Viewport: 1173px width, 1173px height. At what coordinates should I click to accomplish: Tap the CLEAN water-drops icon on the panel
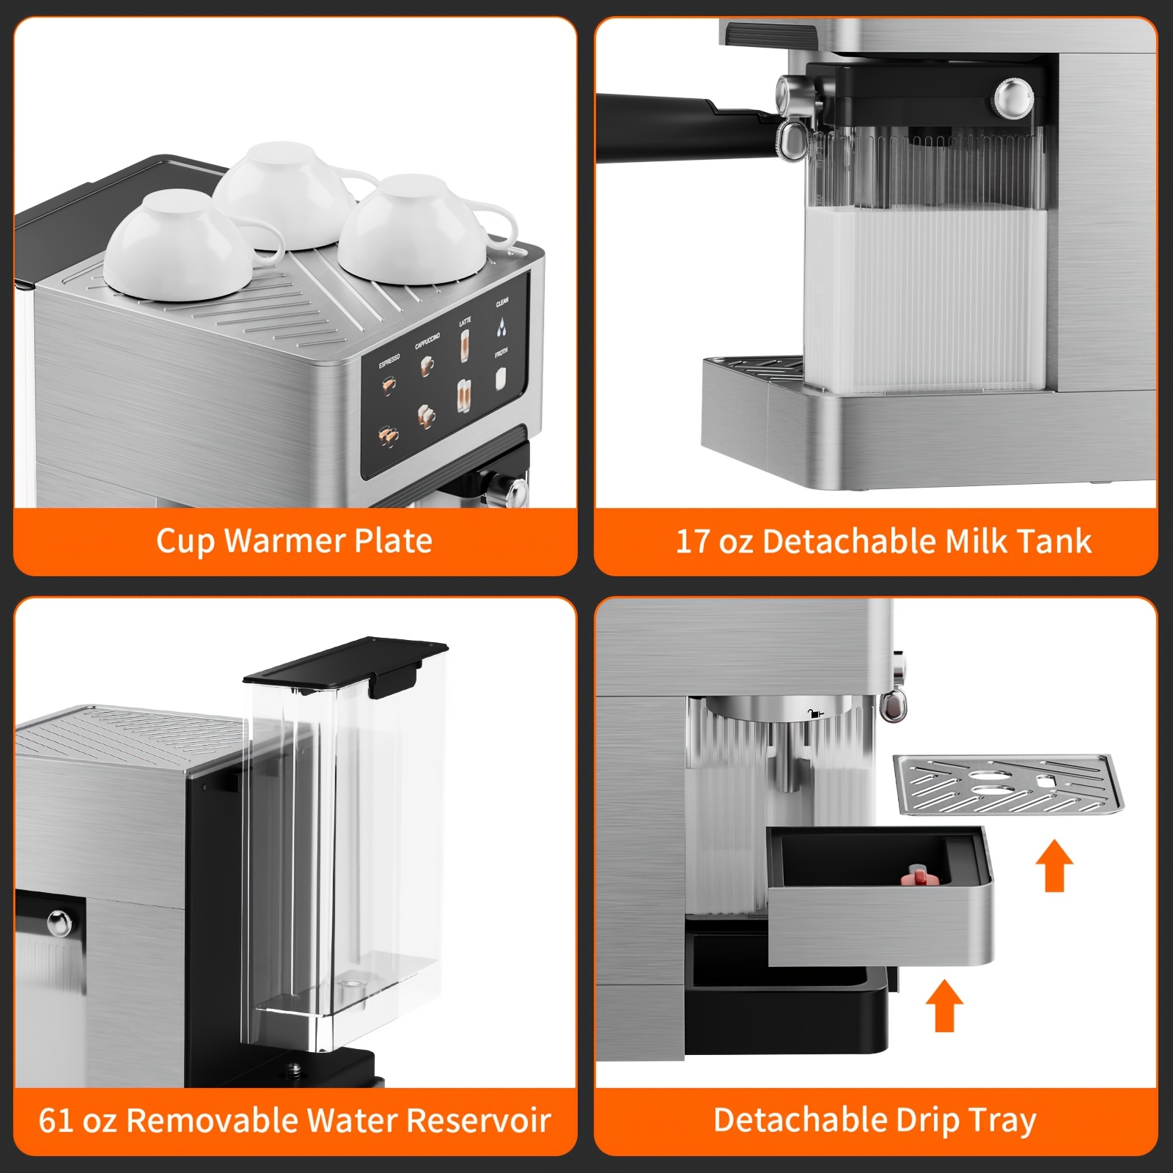tap(501, 327)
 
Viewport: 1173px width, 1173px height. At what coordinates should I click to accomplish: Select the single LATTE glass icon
tap(465, 345)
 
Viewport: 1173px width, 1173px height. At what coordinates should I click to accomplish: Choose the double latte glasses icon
tap(465, 397)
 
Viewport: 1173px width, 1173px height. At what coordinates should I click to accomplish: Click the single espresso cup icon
tap(389, 384)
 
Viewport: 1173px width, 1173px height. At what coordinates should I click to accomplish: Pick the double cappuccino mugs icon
tap(427, 416)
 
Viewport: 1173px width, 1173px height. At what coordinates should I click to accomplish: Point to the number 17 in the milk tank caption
tap(691, 542)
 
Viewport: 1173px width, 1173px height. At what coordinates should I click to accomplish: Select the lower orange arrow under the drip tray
tap(944, 1005)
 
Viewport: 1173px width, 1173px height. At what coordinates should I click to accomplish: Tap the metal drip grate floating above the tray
tap(1007, 784)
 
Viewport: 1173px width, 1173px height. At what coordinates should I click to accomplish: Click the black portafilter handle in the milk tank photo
tap(660, 125)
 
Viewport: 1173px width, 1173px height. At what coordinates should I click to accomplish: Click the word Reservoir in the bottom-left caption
tap(478, 1120)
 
